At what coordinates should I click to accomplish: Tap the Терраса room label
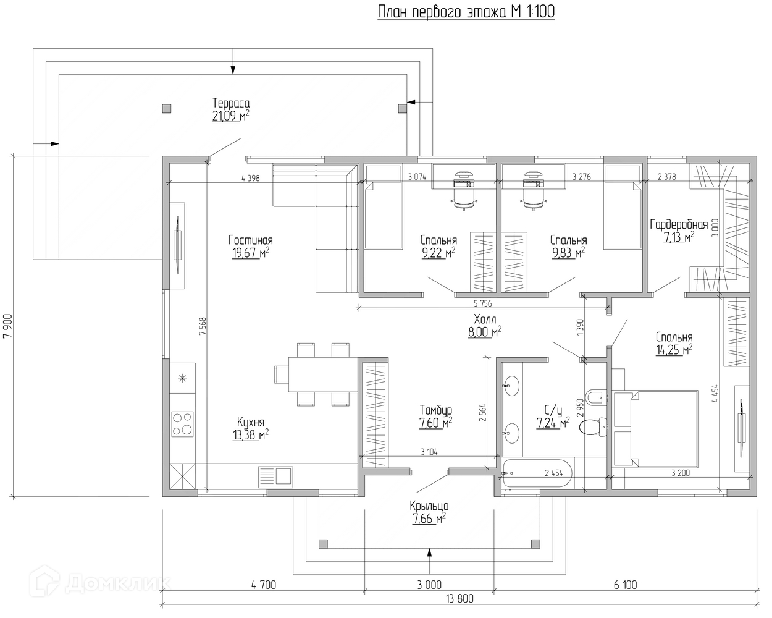[231, 103]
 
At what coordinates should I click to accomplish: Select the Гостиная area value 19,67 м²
[250, 253]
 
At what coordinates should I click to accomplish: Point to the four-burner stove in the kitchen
[183, 424]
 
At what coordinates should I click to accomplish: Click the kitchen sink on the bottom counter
[275, 477]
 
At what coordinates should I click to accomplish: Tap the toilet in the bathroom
[594, 427]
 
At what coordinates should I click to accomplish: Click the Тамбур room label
[435, 410]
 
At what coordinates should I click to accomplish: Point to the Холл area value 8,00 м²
[485, 332]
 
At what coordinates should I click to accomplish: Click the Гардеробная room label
[679, 225]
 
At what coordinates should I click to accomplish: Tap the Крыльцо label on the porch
[429, 506]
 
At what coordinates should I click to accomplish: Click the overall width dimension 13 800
[459, 598]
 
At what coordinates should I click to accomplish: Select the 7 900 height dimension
[7, 326]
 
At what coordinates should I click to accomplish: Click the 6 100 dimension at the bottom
[625, 585]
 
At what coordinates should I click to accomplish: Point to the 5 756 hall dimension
[482, 303]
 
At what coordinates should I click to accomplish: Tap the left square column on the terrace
[167, 108]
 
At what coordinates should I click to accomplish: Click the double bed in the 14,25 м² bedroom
[655, 429]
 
